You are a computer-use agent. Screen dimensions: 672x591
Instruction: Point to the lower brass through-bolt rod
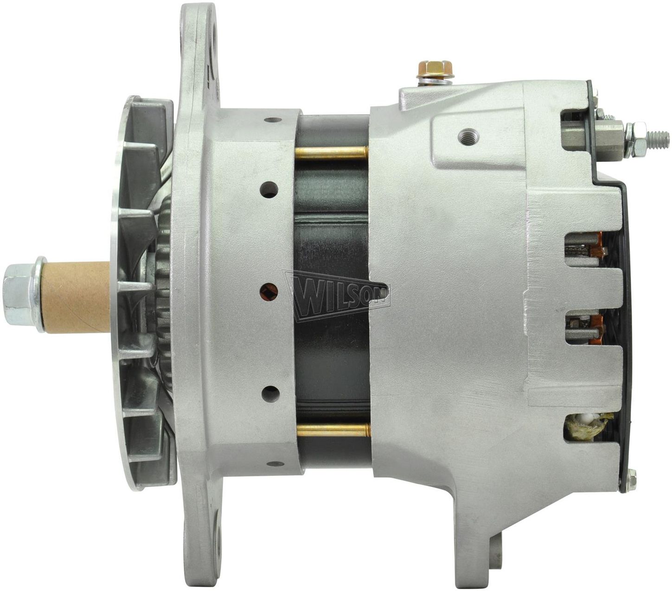click(x=333, y=430)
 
